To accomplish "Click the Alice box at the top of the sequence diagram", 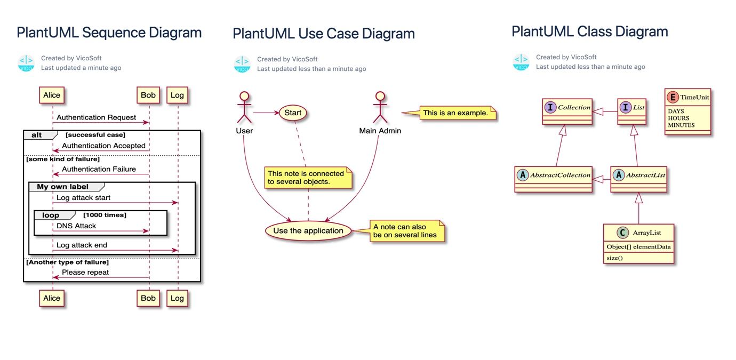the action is pyautogui.click(x=52, y=95).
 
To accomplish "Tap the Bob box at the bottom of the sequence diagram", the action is pyautogui.click(x=148, y=298).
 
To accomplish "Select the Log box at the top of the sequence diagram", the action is pyautogui.click(x=177, y=95).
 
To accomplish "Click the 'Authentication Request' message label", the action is pyautogui.click(x=96, y=117).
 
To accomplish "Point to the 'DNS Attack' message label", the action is pyautogui.click(x=76, y=226).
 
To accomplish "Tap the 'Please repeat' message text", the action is pyautogui.click(x=85, y=273).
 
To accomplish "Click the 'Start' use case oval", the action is pyautogui.click(x=293, y=113).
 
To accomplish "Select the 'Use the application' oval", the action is pyautogui.click(x=308, y=230).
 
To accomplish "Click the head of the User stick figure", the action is pyautogui.click(x=244, y=96).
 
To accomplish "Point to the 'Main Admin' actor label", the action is pyautogui.click(x=380, y=131).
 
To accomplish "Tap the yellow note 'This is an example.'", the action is pyautogui.click(x=458, y=113).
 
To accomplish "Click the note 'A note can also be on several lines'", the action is pyautogui.click(x=407, y=231).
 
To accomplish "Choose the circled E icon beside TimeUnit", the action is pyautogui.click(x=673, y=97).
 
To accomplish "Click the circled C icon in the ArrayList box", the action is pyautogui.click(x=622, y=233).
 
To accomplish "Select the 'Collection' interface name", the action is pyautogui.click(x=574, y=107).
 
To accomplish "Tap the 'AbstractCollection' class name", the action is pyautogui.click(x=560, y=175).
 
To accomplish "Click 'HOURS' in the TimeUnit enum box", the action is pyautogui.click(x=678, y=118).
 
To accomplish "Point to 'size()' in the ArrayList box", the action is pyautogui.click(x=614, y=258).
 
